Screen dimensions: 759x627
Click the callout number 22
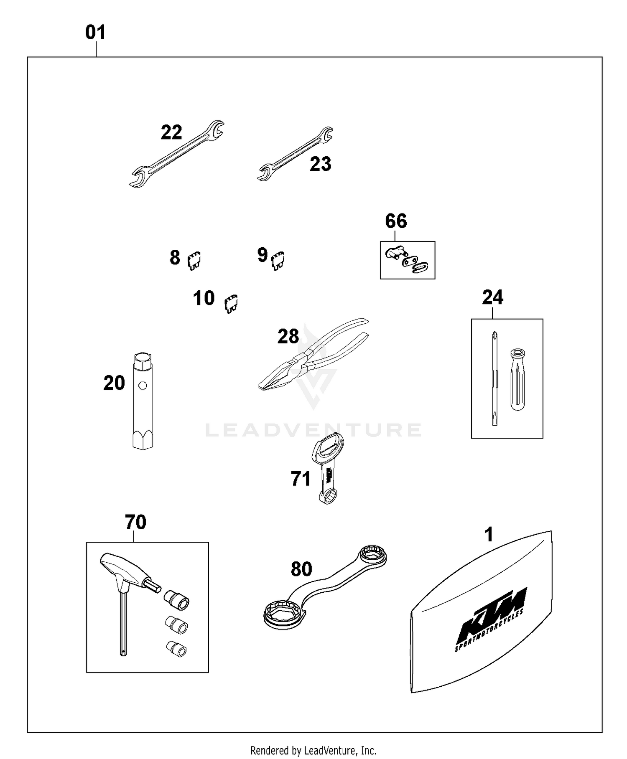pyautogui.click(x=171, y=133)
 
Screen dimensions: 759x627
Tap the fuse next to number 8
pyautogui.click(x=194, y=261)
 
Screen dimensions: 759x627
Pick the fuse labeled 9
pyautogui.click(x=278, y=260)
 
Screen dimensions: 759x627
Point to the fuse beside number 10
pyautogui.click(x=231, y=304)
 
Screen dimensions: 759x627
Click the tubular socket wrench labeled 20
pyautogui.click(x=143, y=401)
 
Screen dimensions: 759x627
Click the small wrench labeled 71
pyautogui.click(x=328, y=468)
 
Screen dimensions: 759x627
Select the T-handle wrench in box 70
pyautogui.click(x=125, y=585)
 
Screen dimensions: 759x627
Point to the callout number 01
pyautogui.click(x=95, y=33)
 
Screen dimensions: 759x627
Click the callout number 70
pyautogui.click(x=135, y=522)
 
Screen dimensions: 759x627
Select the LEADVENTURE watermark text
pyautogui.click(x=313, y=430)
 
